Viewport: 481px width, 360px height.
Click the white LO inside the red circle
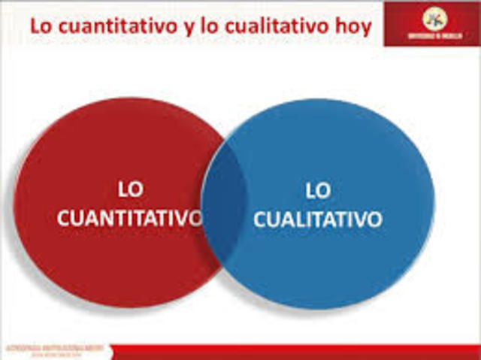(x=130, y=189)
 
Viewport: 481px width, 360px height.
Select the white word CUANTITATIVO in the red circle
(x=130, y=219)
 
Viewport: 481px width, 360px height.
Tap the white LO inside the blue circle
(x=318, y=191)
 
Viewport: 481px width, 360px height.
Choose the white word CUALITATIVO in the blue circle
(x=318, y=220)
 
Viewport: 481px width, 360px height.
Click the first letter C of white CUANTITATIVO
(x=65, y=219)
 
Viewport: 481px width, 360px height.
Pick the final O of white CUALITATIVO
(x=374, y=220)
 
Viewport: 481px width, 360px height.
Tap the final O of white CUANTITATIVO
(x=195, y=219)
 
